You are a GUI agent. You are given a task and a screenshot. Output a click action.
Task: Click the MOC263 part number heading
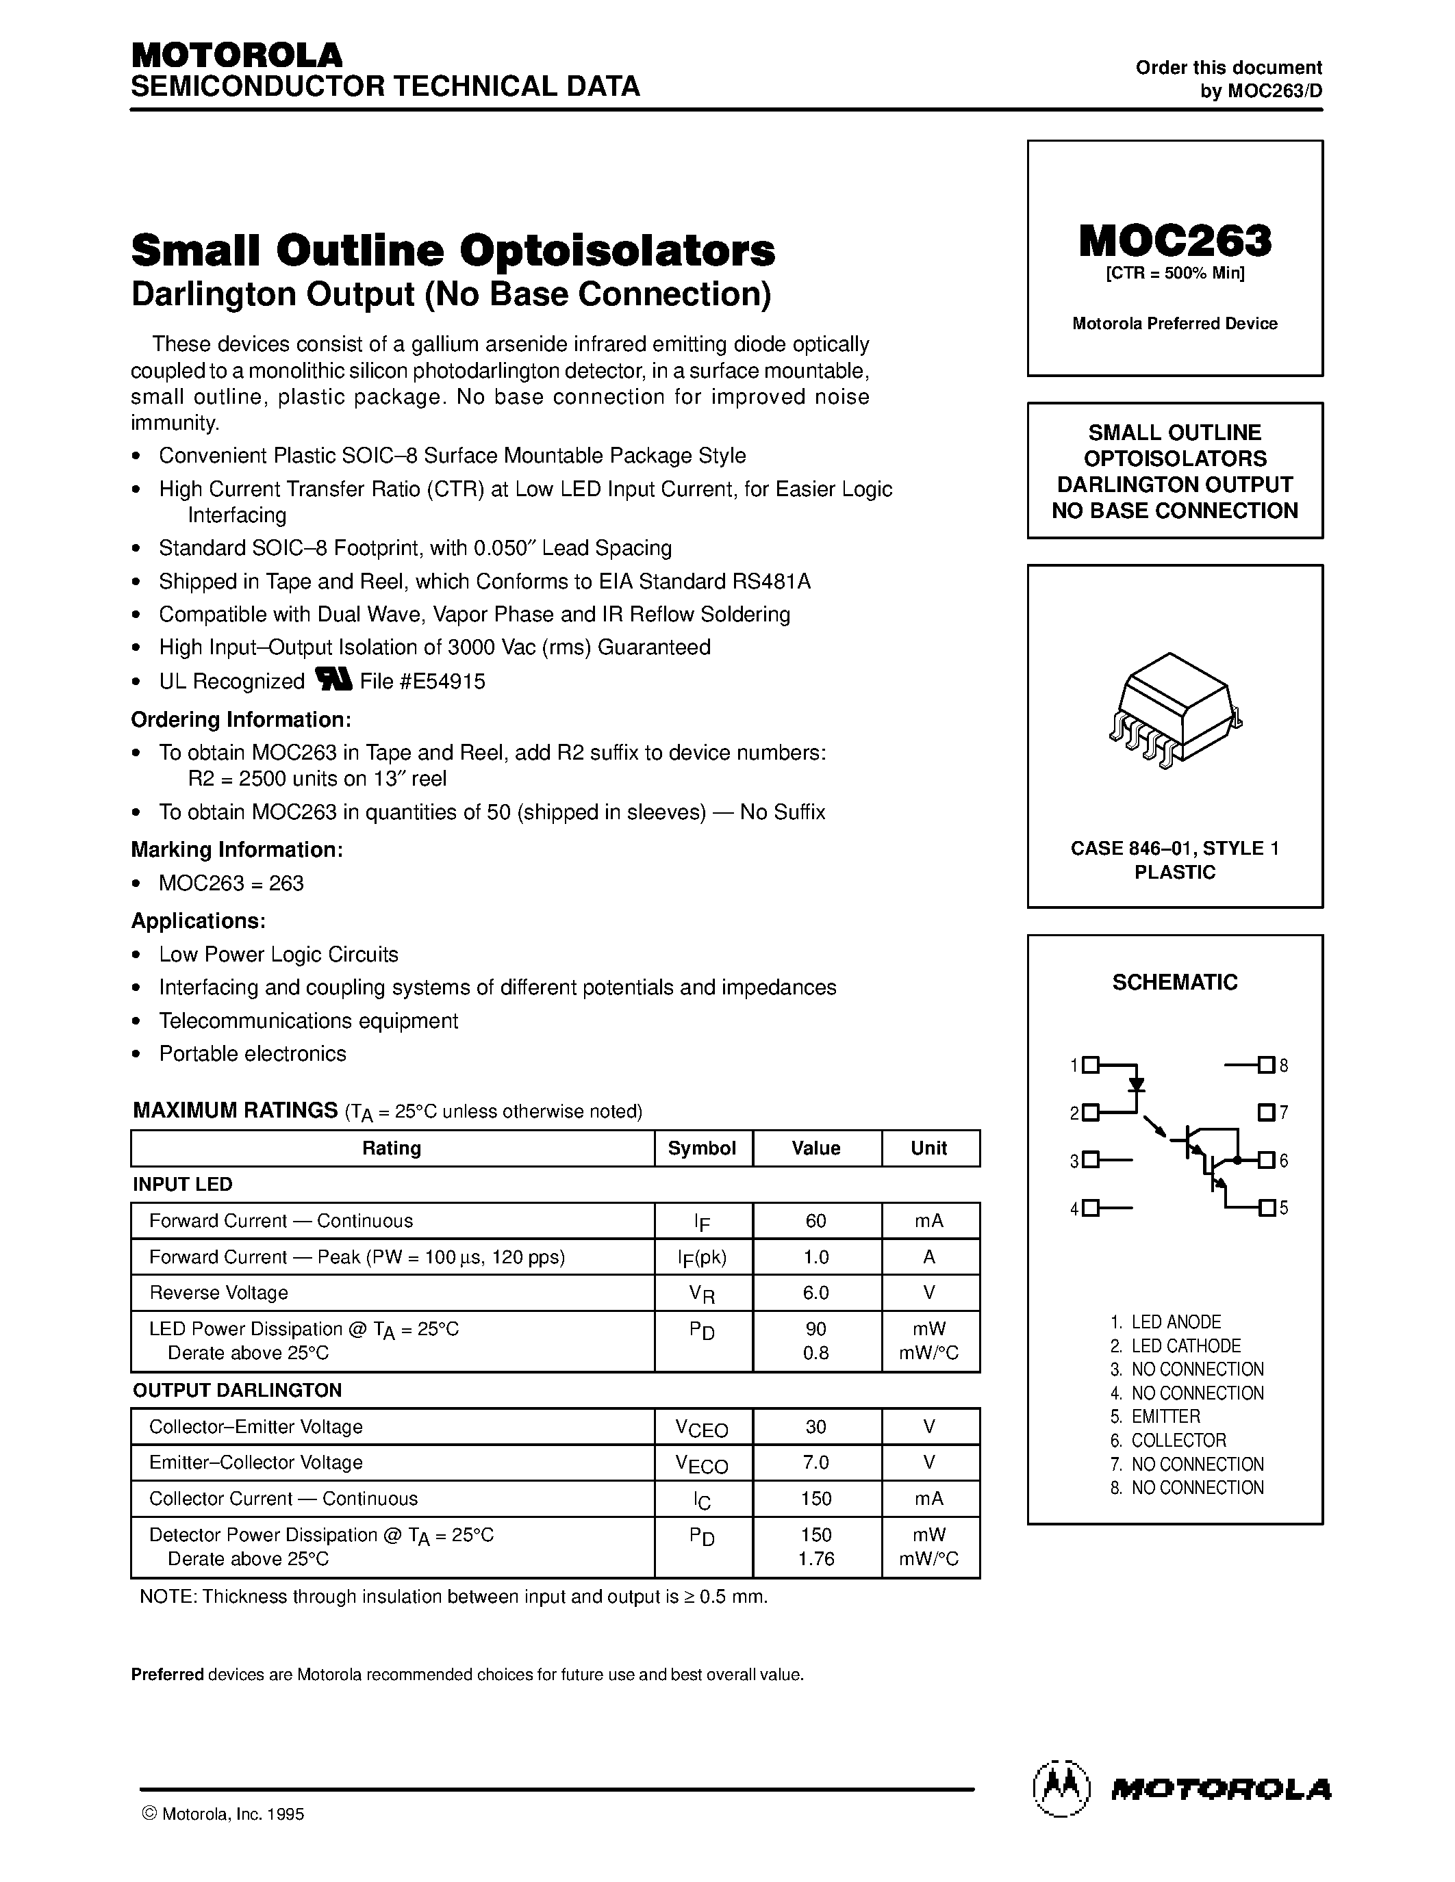click(1174, 242)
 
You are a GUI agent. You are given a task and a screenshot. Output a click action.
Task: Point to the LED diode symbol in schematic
click(1137, 1084)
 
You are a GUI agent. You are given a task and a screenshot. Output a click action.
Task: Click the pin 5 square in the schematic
click(1266, 1207)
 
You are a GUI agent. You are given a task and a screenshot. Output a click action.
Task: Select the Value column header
click(815, 1148)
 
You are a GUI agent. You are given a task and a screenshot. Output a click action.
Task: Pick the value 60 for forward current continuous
click(815, 1220)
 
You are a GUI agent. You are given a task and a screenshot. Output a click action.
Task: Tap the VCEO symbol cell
click(702, 1428)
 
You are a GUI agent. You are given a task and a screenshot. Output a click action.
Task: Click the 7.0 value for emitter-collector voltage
click(815, 1462)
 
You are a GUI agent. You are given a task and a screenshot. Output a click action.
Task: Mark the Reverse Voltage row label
click(219, 1293)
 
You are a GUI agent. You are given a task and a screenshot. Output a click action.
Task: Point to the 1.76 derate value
click(815, 1558)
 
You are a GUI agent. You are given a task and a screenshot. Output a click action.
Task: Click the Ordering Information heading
click(240, 719)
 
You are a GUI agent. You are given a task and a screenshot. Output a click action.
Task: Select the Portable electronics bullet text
click(253, 1053)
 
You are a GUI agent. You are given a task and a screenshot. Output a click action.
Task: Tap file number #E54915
click(422, 682)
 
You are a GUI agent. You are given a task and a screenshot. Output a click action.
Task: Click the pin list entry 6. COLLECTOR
click(1178, 1440)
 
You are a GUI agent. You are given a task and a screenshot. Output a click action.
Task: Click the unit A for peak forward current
click(929, 1256)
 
